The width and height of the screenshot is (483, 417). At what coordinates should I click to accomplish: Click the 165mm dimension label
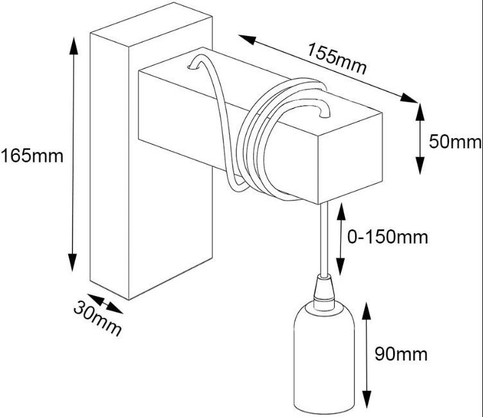click(31, 156)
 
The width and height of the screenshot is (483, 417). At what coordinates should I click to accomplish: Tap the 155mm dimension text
click(337, 58)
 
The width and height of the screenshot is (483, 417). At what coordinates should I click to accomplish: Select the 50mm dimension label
click(455, 142)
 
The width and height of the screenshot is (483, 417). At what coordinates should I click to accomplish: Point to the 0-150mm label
click(388, 237)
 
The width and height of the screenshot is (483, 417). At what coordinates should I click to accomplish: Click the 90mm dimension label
click(401, 354)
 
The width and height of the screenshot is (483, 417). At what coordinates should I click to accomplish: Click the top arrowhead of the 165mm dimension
click(73, 46)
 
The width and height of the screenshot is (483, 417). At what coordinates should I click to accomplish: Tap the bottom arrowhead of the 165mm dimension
click(73, 263)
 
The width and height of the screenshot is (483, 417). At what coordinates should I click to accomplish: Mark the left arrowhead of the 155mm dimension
click(247, 39)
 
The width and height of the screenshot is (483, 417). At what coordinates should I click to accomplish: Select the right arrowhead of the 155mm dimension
click(409, 98)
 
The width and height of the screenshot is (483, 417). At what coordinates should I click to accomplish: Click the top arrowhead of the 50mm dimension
click(420, 112)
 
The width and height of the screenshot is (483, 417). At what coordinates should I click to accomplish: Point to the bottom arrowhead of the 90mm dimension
click(367, 400)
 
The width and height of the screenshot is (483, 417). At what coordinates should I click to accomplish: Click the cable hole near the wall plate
click(193, 67)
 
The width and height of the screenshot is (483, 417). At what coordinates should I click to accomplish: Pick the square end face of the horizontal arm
click(350, 159)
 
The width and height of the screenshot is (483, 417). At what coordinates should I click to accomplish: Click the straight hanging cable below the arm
click(324, 240)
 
